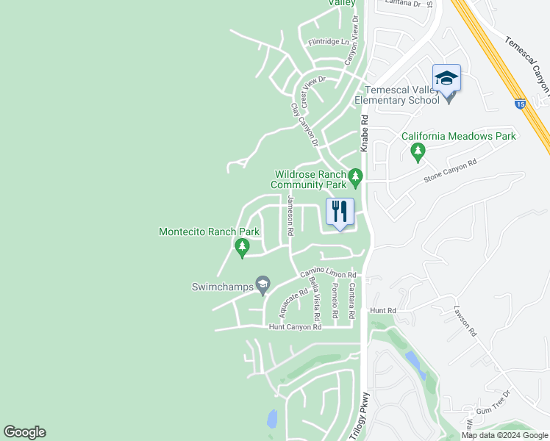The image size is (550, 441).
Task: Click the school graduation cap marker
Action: point(446,79)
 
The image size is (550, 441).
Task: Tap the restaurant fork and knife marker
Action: point(340,212)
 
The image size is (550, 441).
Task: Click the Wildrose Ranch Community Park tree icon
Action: point(356,176)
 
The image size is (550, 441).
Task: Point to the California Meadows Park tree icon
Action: point(418,151)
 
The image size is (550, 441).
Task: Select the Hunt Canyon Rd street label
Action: point(293,326)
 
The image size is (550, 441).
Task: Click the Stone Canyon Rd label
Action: point(451,171)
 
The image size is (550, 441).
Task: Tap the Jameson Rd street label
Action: point(291,216)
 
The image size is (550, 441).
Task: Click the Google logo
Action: point(24,432)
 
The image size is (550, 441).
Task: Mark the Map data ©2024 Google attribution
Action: point(504,435)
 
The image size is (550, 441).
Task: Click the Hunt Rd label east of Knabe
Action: point(383,311)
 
